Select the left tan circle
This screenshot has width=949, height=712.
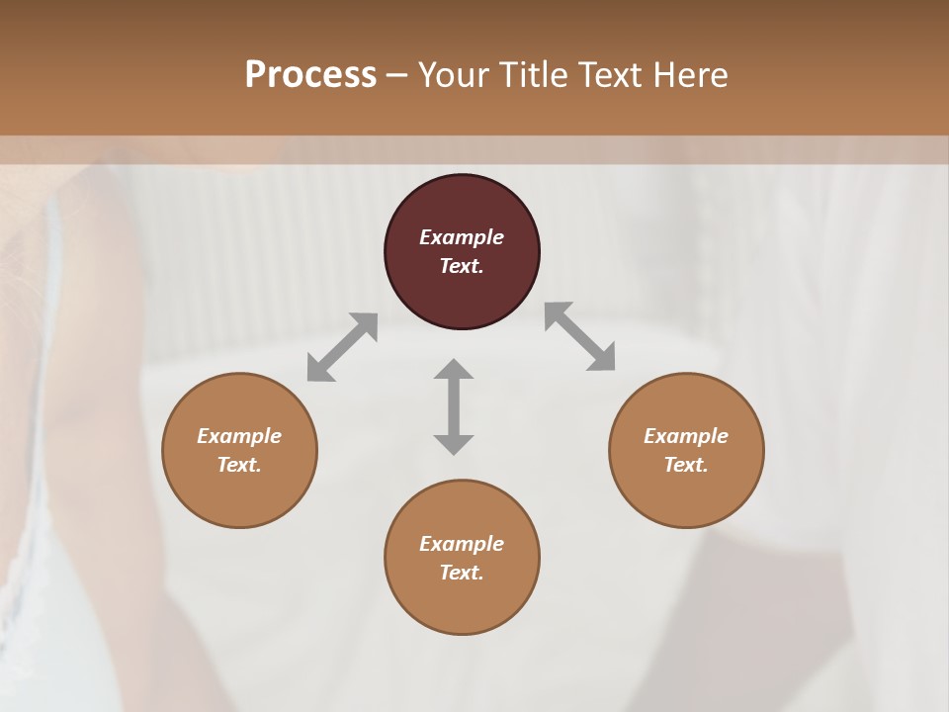(239, 494)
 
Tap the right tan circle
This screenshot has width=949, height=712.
(686, 494)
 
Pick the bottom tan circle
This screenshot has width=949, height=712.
(462, 603)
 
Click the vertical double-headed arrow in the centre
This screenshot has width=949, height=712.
(454, 406)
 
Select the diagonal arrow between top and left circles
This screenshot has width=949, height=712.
(342, 347)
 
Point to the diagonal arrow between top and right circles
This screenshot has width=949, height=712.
(579, 336)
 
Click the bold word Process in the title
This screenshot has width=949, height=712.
(310, 74)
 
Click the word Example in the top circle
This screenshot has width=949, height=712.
(462, 237)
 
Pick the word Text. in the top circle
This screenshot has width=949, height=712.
(462, 266)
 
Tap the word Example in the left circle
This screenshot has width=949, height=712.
(239, 436)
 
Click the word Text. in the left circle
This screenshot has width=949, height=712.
(239, 465)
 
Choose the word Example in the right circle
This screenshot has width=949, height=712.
(686, 436)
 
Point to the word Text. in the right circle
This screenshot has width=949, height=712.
(686, 465)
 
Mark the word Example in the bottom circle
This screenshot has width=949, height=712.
(462, 544)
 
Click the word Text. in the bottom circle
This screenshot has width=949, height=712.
(462, 573)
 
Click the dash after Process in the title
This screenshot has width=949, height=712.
(397, 75)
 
